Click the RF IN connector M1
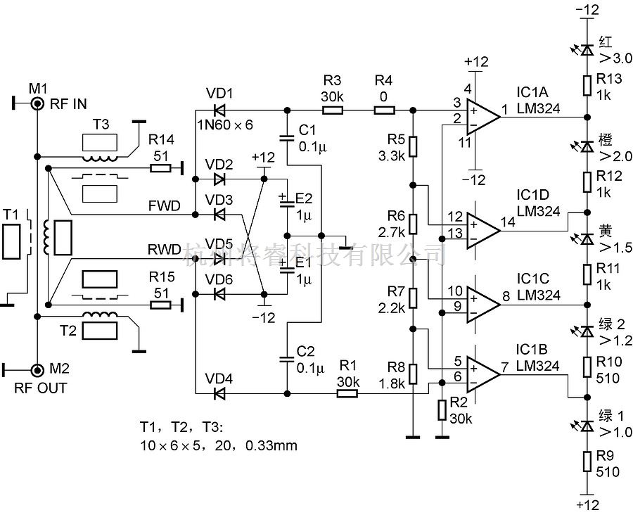37,104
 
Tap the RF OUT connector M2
37,369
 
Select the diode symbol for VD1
219,110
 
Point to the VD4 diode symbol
219,393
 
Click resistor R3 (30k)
332,110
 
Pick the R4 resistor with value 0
384,110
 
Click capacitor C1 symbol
287,138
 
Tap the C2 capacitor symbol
287,359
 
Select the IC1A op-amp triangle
484,117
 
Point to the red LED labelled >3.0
587,50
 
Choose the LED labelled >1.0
587,426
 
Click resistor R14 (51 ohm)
160,167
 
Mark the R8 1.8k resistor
413,374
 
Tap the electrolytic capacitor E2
287,201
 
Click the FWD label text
165,206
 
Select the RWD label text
165,249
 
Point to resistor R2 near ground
442,410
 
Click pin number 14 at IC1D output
509,222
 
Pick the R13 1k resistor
587,86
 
